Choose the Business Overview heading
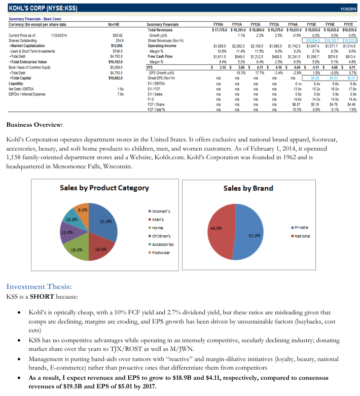(34, 125)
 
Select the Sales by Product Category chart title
(104, 188)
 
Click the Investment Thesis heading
(42, 286)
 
